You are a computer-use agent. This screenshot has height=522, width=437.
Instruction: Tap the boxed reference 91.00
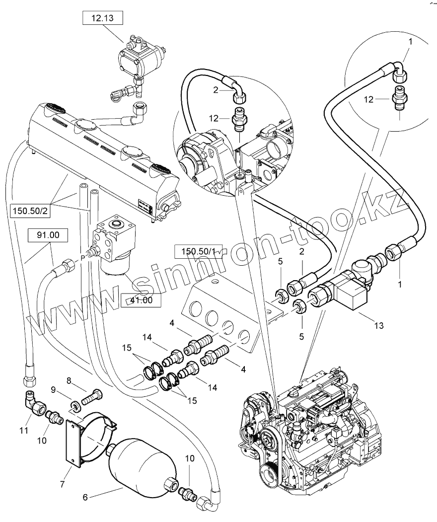pos(48,235)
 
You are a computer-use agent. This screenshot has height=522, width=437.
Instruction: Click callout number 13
pos(379,326)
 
